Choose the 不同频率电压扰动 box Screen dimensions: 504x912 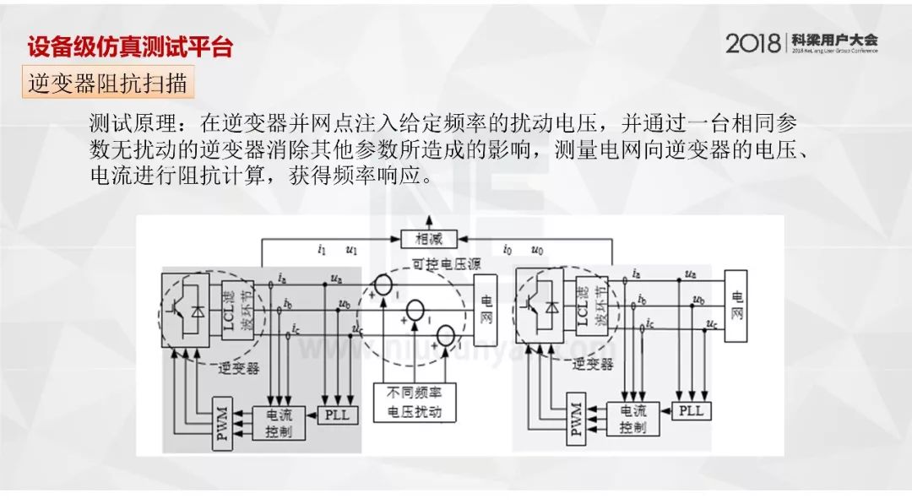415,403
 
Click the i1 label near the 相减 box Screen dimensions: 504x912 322,249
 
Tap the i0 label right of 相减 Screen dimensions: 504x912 507,249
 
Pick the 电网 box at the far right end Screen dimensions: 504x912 736,306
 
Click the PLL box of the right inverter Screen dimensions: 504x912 691,411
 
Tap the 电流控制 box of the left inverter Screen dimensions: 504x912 280,421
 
